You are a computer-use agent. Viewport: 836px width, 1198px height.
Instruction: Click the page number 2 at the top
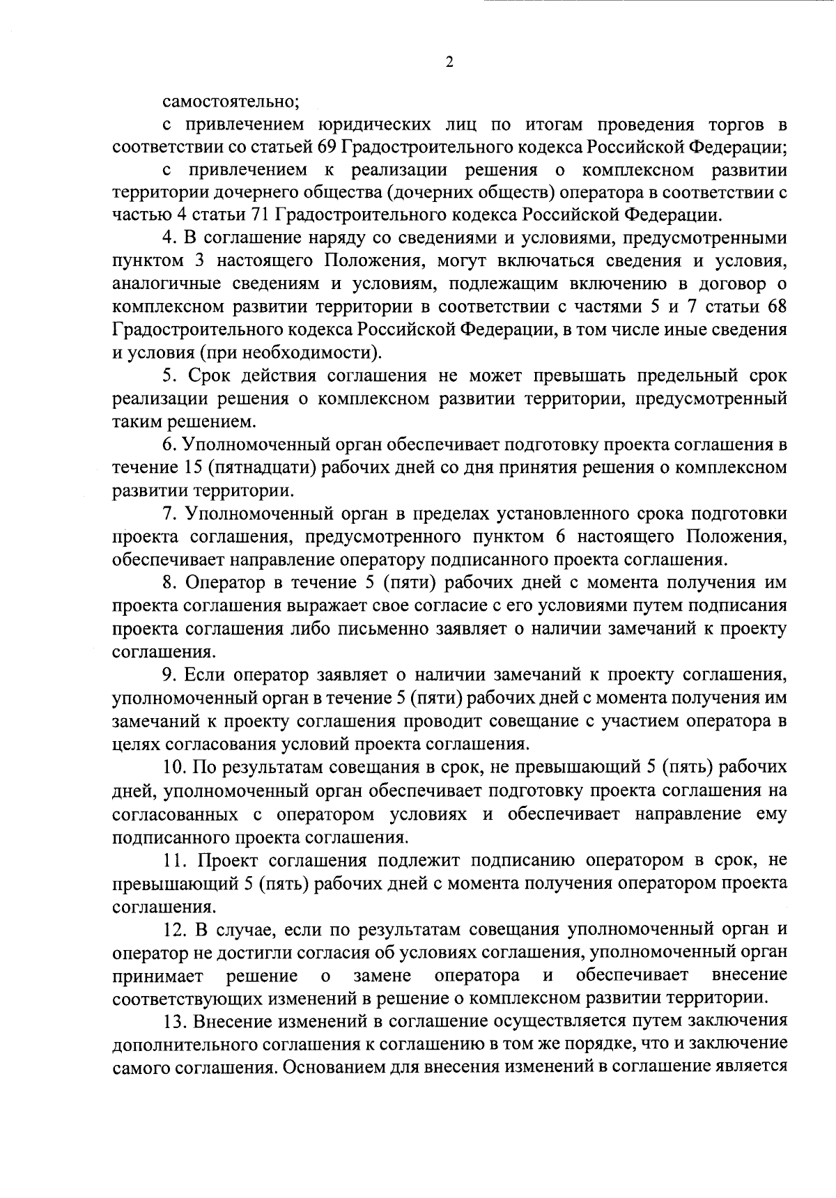coord(449,62)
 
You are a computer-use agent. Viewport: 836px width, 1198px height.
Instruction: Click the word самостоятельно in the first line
coord(231,102)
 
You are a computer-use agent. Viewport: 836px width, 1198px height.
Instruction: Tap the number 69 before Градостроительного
coord(327,147)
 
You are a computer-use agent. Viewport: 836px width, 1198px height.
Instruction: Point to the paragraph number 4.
coord(167,238)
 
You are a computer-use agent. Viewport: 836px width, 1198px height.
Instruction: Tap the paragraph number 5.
coord(167,375)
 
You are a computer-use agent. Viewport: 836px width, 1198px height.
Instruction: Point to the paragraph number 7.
coord(167,513)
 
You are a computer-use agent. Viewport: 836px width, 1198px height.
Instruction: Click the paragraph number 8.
coord(167,582)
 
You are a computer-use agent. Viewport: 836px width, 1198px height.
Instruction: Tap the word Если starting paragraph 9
coord(208,674)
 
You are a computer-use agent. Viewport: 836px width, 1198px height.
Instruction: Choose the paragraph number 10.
coord(172,767)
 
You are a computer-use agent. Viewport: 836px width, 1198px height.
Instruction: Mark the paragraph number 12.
coord(172,928)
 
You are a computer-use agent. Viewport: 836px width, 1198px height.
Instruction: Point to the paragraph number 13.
coord(172,1020)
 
